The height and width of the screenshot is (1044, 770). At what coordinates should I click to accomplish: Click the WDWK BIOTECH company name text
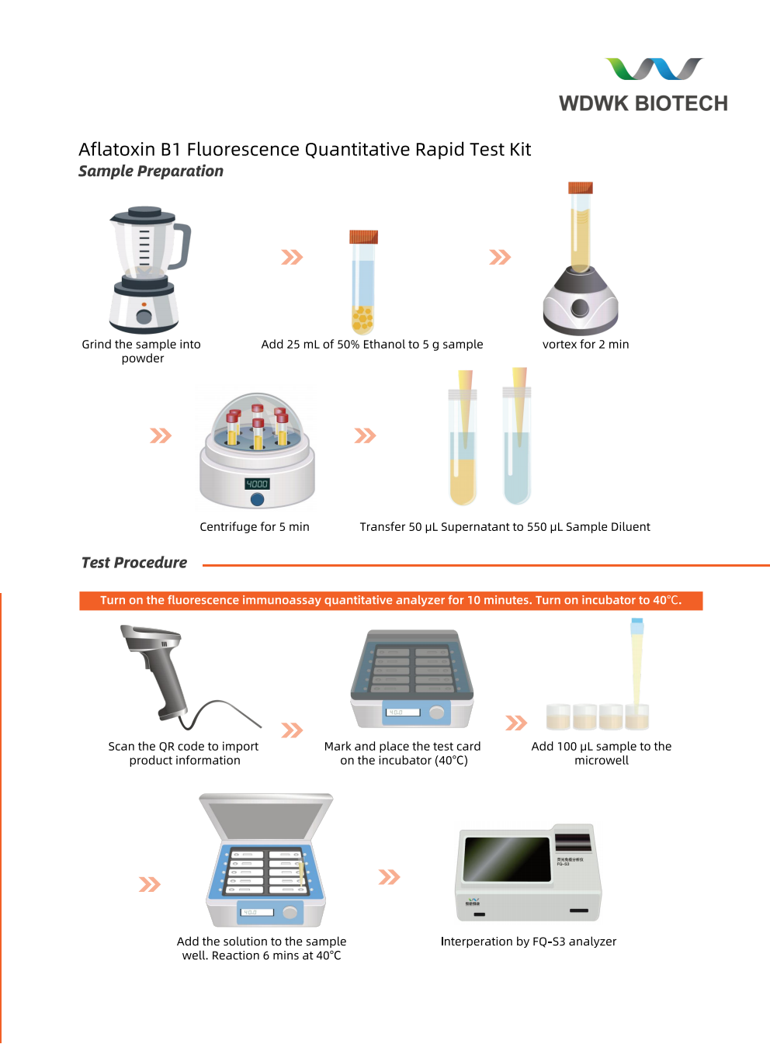pos(643,103)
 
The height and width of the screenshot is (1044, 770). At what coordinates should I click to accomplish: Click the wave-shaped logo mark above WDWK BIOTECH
pos(654,69)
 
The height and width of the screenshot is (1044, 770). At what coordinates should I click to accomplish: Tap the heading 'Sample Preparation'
pos(151,172)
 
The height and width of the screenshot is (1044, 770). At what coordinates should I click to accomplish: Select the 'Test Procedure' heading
pos(134,563)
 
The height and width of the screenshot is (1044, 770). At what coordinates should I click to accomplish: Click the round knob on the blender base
pos(144,316)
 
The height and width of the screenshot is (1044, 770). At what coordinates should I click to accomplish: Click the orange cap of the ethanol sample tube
pos(363,237)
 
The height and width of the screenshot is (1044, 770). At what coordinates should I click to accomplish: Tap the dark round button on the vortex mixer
pos(580,308)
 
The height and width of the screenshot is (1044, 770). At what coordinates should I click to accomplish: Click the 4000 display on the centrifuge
pos(257,484)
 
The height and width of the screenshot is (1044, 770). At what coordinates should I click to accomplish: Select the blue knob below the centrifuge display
pos(257,499)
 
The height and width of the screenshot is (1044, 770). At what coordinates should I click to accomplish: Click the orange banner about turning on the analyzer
pos(390,601)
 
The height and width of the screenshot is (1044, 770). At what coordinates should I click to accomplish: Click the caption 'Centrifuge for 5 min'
pos(255,527)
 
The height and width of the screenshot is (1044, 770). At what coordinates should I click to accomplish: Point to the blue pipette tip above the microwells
pos(636,625)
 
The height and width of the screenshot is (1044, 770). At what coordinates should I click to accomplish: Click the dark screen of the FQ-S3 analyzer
pos(507,858)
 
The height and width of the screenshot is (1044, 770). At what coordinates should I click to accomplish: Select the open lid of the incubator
pos(265,817)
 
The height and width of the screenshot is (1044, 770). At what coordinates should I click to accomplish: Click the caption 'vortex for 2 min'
pos(585,345)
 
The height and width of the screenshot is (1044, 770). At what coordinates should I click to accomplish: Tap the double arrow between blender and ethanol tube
pos(292,257)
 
